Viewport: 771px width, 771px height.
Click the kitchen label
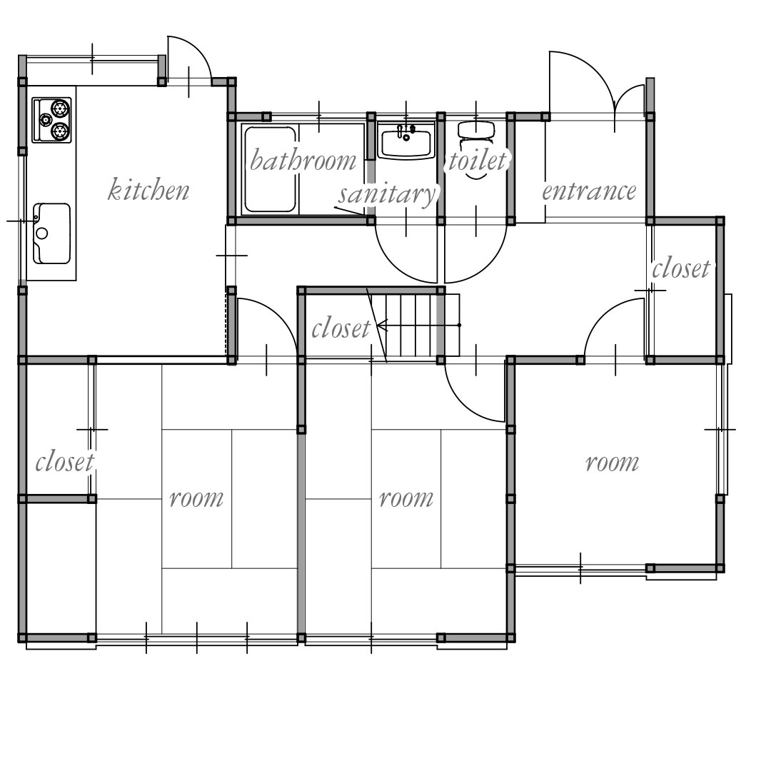coord(148,190)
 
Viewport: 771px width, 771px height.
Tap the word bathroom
coord(303,160)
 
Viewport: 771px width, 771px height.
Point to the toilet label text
coord(477,160)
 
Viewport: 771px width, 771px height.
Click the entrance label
coord(589,191)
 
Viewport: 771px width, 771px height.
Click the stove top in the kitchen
coord(51,120)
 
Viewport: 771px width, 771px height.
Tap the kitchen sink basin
coord(51,233)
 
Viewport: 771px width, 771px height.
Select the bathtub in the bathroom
coord(271,170)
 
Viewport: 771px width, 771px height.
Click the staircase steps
coord(414,325)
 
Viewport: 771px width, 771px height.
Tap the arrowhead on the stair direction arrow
coord(382,325)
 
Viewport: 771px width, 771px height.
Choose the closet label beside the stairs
coord(341,328)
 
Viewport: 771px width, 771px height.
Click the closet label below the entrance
coord(681,268)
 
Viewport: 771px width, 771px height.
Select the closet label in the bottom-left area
coord(64,462)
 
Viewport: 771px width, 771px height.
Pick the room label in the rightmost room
coord(613,463)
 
